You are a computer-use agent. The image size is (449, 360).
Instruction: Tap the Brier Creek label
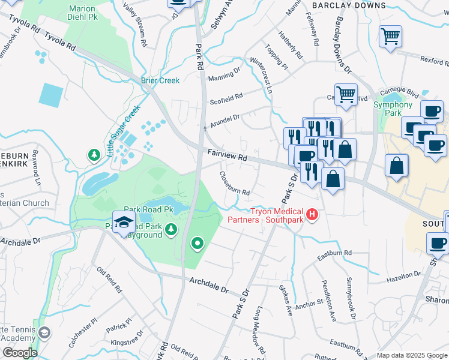[x=160, y=80]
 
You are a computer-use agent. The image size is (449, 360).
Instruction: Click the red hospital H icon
[x=312, y=214]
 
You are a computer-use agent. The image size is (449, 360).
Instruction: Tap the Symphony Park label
[x=393, y=109]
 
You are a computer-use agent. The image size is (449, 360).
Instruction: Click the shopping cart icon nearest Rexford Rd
[x=390, y=37]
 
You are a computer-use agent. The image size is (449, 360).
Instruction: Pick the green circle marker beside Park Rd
[x=196, y=243]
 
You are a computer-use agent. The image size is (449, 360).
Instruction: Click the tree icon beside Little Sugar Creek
[x=94, y=156]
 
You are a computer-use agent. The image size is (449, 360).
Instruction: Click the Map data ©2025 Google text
[x=412, y=355]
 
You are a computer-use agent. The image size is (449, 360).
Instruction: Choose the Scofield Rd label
[x=226, y=96]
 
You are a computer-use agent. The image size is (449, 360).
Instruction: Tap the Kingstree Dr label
[x=127, y=339]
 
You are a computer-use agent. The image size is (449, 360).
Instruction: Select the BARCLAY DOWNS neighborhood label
[x=349, y=5]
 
